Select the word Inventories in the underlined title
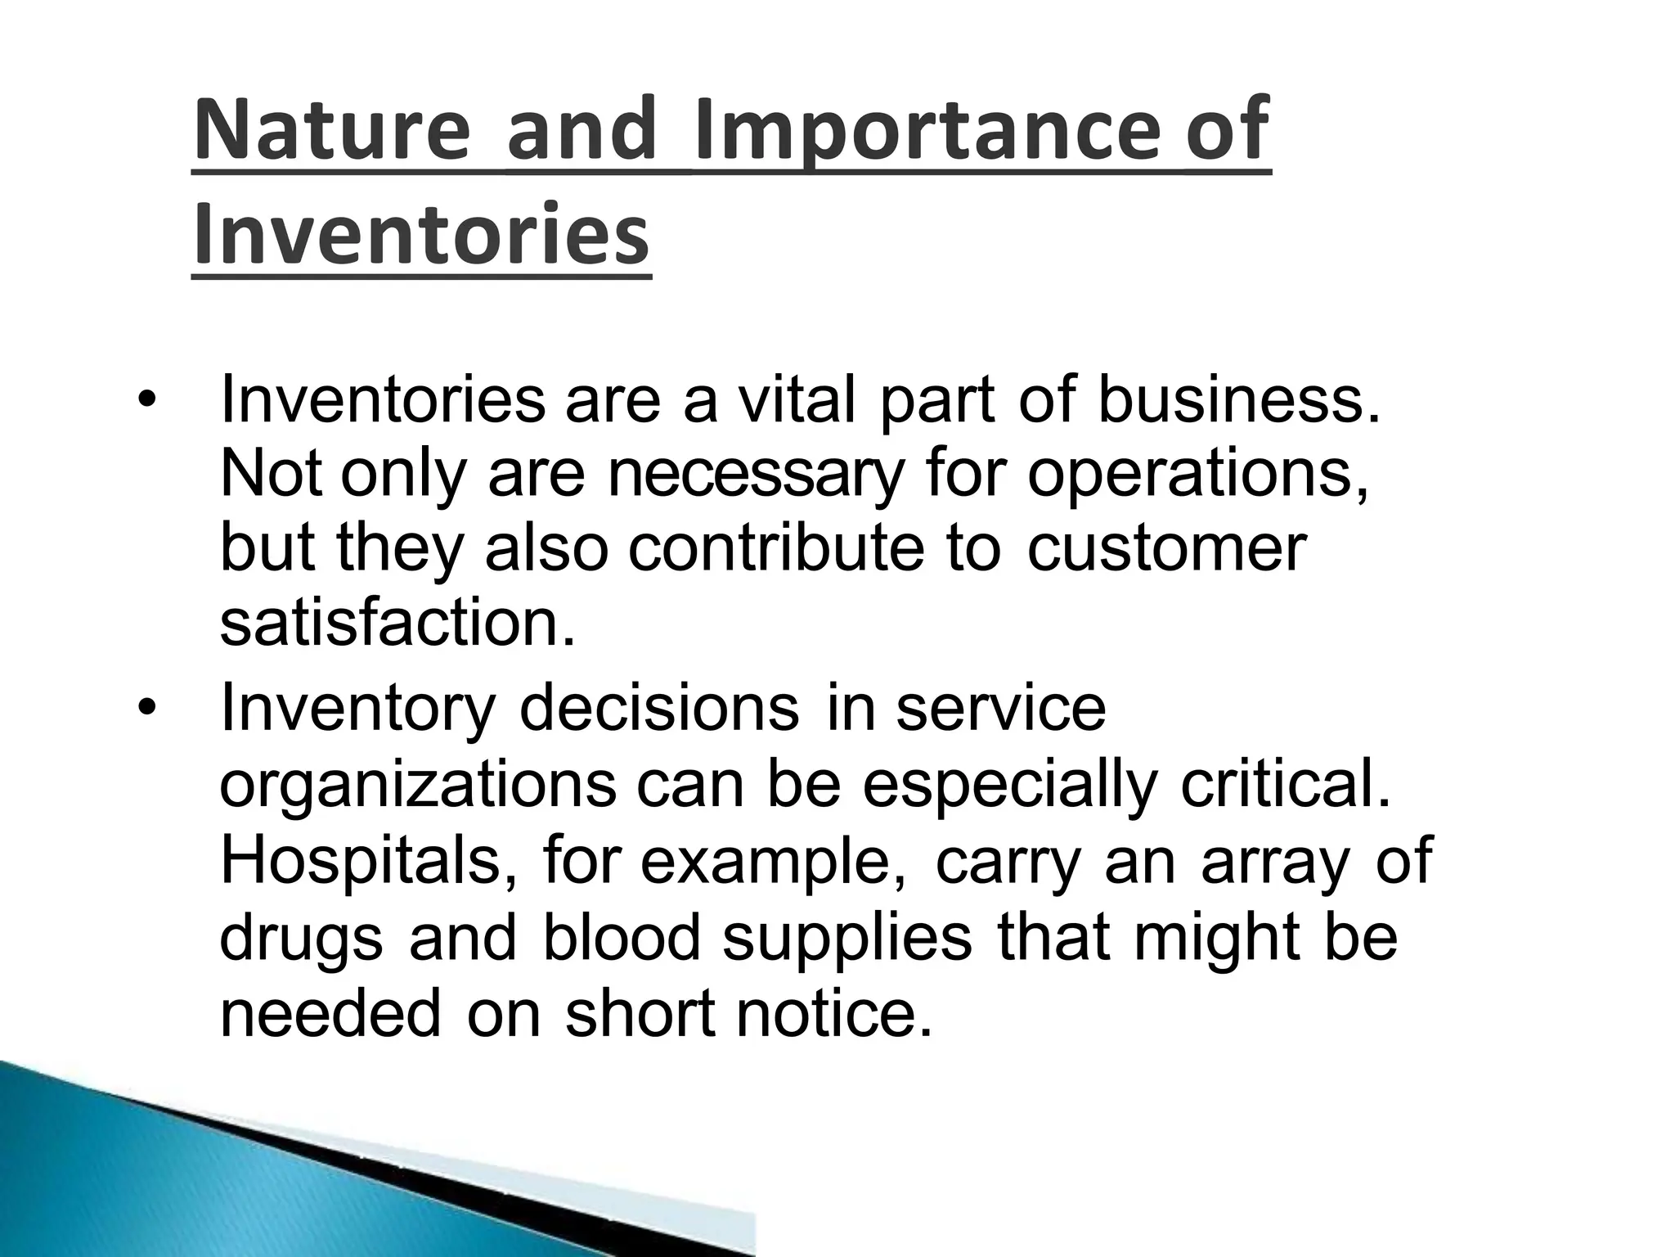(421, 236)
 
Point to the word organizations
(418, 784)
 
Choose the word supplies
(847, 938)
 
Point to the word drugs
(301, 938)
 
